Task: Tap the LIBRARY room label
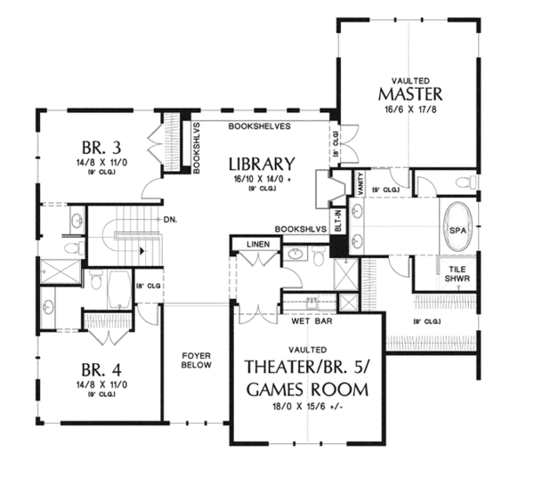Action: (x=260, y=164)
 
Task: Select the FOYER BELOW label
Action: (x=196, y=359)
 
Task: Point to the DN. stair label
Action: (x=167, y=218)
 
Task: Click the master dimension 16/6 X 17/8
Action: (x=410, y=110)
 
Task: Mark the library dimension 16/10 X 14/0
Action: (x=260, y=179)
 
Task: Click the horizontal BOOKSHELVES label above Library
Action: (x=259, y=126)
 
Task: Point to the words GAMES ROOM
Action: (x=308, y=390)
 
